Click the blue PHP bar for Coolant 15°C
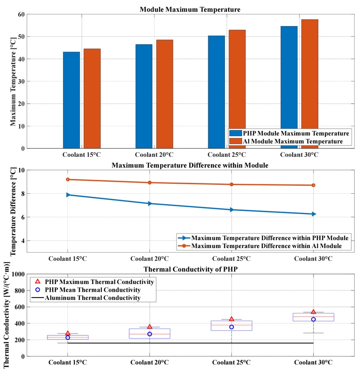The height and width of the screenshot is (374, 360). pos(72,100)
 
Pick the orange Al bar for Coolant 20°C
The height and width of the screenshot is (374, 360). pos(165,94)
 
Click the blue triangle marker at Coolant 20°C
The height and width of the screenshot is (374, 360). pos(150,204)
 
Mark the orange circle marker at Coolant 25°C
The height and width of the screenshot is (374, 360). pos(232,184)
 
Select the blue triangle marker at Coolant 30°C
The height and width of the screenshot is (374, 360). pos(314,214)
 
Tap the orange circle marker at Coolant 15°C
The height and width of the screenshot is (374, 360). pos(67,179)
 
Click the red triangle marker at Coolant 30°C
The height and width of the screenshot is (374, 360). pos(314,312)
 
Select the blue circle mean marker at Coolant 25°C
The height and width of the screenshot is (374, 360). pos(232,327)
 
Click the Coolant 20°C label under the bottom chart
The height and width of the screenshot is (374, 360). pos(150,362)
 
